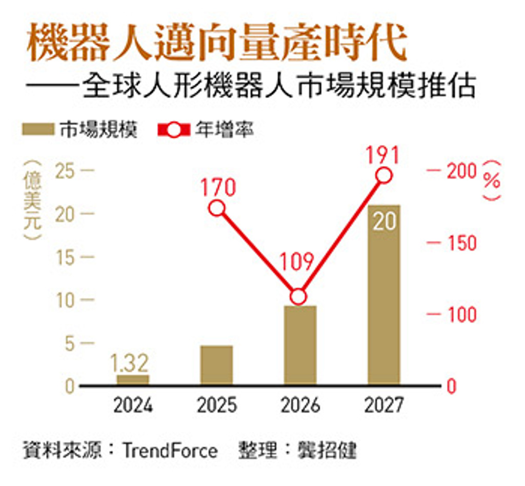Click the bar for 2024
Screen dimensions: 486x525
click(x=133, y=379)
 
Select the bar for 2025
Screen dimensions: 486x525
click(x=216, y=365)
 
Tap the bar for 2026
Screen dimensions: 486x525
click(x=300, y=345)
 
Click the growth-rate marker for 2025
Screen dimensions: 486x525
click(x=217, y=208)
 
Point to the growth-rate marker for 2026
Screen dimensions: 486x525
click(x=298, y=296)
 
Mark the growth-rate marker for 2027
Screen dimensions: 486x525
click(x=384, y=175)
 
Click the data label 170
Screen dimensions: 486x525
click(x=218, y=187)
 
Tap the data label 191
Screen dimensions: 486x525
click(x=383, y=154)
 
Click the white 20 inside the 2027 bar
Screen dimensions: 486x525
click(x=384, y=223)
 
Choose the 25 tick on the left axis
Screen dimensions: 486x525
click(x=67, y=171)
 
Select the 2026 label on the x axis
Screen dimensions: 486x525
click(x=300, y=406)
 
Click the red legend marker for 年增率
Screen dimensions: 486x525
click(x=173, y=130)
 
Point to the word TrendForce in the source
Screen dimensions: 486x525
click(x=170, y=451)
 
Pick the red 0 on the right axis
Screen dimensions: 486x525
click(x=451, y=387)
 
